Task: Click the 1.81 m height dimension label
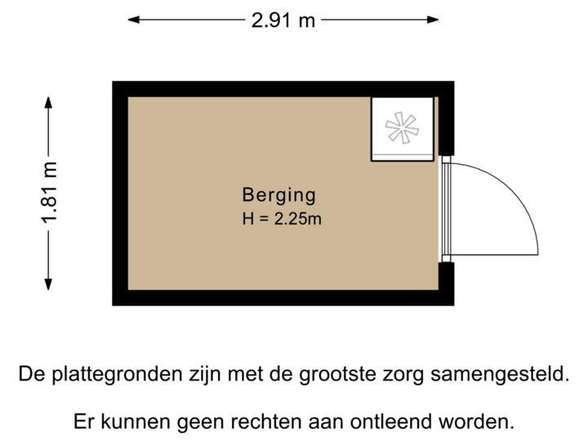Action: (x=50, y=193)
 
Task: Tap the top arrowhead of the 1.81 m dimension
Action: (x=50, y=101)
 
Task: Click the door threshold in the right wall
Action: (x=447, y=209)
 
